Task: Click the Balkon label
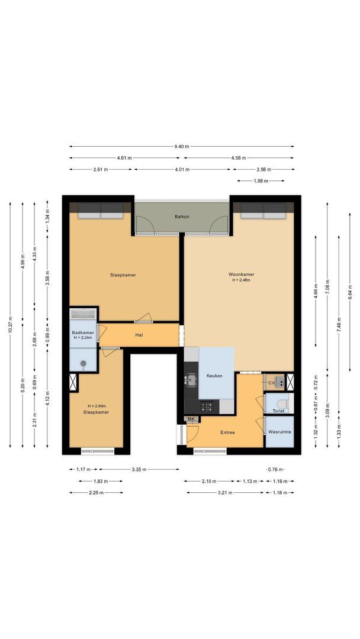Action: (x=182, y=217)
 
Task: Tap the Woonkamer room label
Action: (x=242, y=275)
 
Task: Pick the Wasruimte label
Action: (x=278, y=433)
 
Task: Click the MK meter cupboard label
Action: (x=191, y=419)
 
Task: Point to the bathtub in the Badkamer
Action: (x=83, y=314)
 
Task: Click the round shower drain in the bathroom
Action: (x=83, y=364)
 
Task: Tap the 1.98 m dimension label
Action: (x=261, y=181)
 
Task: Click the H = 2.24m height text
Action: (x=83, y=338)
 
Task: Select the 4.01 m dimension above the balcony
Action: (x=182, y=169)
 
